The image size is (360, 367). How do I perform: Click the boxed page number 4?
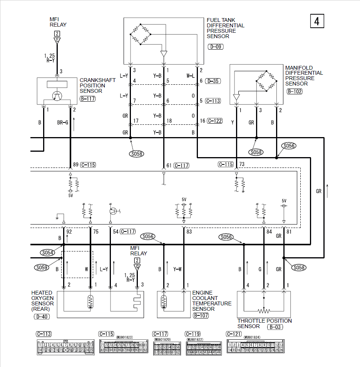tap(317, 21)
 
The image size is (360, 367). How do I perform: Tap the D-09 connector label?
tap(215, 47)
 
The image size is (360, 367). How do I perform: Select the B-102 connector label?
tap(295, 91)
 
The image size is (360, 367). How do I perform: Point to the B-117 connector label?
tap(87, 99)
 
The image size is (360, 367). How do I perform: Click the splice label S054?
tap(47, 253)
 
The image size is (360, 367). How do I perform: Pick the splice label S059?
tap(42, 267)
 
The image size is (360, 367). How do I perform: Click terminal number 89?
tap(76, 165)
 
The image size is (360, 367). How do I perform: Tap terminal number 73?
tap(242, 164)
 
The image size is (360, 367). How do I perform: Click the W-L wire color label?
tap(191, 76)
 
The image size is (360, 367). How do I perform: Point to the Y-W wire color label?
tap(177, 269)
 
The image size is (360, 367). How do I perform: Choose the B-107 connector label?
tap(201, 315)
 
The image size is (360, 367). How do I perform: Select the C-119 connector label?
tap(193, 334)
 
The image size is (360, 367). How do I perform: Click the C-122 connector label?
tap(215, 121)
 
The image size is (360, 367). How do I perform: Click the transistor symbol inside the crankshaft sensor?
tap(57, 97)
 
